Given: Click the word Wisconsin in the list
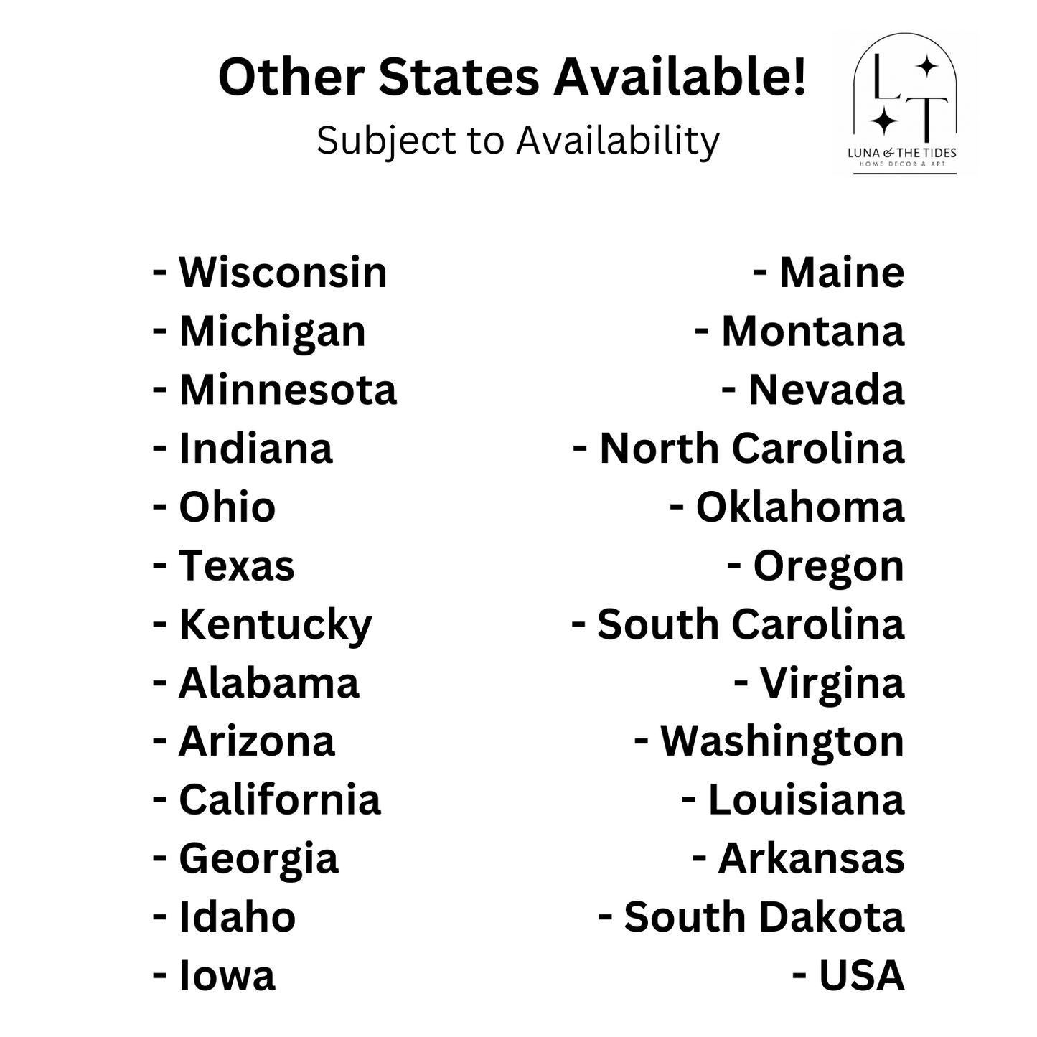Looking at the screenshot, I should pyautogui.click(x=283, y=273).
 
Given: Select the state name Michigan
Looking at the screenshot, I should pyautogui.click(x=272, y=332).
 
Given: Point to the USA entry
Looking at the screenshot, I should pyautogui.click(x=860, y=976).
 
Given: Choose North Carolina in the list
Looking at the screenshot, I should pyautogui.click(x=751, y=449).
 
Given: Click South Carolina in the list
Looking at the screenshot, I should pyautogui.click(x=750, y=624).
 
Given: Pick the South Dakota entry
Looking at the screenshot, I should pyautogui.click(x=764, y=917).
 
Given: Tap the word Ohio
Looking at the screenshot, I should pyautogui.click(x=227, y=507).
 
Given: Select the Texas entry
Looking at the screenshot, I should pyautogui.click(x=236, y=566).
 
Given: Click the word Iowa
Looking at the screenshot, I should pyautogui.click(x=227, y=976).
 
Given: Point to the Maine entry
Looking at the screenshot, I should pyautogui.click(x=841, y=273).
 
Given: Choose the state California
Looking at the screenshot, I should pyautogui.click(x=279, y=800).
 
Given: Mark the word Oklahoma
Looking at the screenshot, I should pyautogui.click(x=799, y=507).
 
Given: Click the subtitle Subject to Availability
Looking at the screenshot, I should pyautogui.click(x=517, y=140).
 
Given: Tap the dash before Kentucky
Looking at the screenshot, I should pyautogui.click(x=159, y=624).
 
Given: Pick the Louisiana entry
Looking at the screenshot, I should pyautogui.click(x=805, y=800).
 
